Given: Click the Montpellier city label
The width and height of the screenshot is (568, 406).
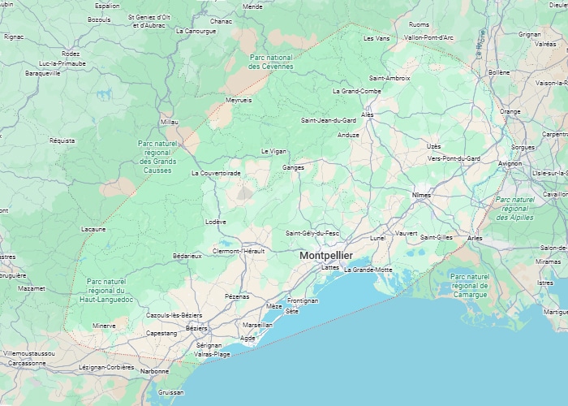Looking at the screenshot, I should [325, 255].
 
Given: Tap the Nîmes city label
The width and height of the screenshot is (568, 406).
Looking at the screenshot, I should [421, 195].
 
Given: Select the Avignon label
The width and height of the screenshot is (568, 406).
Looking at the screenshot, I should [510, 163].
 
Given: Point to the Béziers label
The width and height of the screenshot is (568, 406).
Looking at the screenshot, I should [196, 328].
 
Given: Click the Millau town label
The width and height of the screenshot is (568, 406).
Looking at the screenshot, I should [169, 122].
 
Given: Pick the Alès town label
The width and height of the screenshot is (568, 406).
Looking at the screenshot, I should [367, 114].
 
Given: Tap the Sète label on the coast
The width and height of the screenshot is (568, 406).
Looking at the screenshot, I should [292, 311].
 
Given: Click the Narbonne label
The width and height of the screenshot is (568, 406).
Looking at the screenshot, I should [154, 371].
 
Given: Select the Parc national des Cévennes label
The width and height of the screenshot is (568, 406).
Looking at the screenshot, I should [270, 62].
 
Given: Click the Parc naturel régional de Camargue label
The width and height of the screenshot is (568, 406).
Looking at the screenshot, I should [471, 286].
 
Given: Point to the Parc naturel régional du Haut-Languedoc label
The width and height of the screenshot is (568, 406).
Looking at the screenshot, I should [106, 291].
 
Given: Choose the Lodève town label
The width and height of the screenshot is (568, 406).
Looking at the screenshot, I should [216, 222].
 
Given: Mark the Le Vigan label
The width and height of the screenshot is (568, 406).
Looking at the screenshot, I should [273, 151].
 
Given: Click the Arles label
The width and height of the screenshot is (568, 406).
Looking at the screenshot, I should [475, 238].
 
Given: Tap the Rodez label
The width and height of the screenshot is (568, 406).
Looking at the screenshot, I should [71, 54].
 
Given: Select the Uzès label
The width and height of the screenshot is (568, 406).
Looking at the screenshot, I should [433, 146].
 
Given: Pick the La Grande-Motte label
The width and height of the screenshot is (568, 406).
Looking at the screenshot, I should [368, 270].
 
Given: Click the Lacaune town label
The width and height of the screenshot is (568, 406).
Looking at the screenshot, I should [93, 229].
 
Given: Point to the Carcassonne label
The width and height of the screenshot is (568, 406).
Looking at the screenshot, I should [28, 363].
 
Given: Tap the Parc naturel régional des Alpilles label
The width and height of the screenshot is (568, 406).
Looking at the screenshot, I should [514, 209].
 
